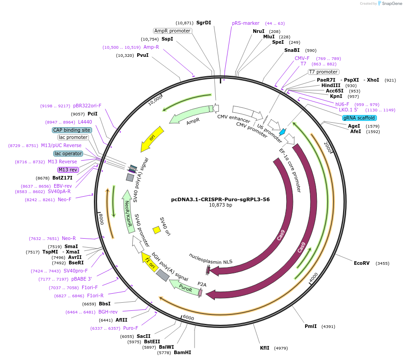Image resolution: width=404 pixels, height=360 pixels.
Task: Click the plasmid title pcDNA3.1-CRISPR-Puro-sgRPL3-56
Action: tap(220, 199)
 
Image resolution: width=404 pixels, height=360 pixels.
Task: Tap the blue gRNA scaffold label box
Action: tap(359, 118)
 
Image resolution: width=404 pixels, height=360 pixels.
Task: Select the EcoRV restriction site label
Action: tap(362, 263)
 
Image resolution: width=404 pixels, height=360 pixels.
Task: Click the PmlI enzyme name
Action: tap(311, 326)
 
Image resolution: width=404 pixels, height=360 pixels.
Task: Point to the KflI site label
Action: tap(265, 348)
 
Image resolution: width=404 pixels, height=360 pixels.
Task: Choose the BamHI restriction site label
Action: tap(182, 352)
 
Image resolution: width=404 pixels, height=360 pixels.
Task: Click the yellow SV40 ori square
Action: tap(157, 230)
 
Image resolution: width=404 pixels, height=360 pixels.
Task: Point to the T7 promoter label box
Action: tap(323, 72)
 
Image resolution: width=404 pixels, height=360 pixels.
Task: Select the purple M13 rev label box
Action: tap(68, 170)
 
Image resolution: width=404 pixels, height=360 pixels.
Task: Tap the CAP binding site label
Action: tap(72, 130)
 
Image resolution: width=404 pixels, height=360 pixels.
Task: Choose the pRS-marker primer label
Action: tap(246, 23)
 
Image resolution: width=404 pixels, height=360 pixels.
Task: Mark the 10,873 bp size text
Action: tap(220, 205)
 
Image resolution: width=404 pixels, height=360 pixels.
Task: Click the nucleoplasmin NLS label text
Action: tap(211, 261)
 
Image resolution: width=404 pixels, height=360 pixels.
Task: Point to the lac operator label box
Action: tap(68, 153)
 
